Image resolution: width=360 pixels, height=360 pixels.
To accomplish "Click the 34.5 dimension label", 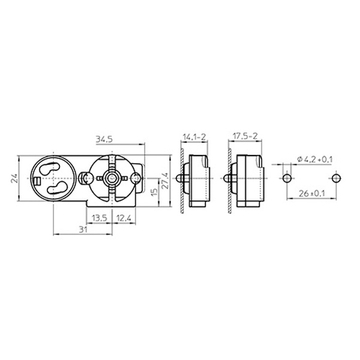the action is (x=104, y=140).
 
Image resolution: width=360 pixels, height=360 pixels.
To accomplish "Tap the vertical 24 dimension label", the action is (x=14, y=178).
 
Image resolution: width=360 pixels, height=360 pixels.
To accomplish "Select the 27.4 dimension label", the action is (x=166, y=181).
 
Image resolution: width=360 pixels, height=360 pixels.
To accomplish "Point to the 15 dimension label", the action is (x=155, y=191).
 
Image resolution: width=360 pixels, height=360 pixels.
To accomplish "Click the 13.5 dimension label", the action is (x=100, y=218).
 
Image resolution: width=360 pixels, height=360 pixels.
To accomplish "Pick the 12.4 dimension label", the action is (x=124, y=218).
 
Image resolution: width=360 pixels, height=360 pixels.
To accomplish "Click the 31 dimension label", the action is (x=83, y=229).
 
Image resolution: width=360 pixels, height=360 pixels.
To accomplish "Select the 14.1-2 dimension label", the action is (x=194, y=137).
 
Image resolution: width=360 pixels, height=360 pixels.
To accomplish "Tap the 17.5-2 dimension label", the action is (x=245, y=136).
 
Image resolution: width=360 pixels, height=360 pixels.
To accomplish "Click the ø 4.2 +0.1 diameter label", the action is (x=314, y=159).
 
